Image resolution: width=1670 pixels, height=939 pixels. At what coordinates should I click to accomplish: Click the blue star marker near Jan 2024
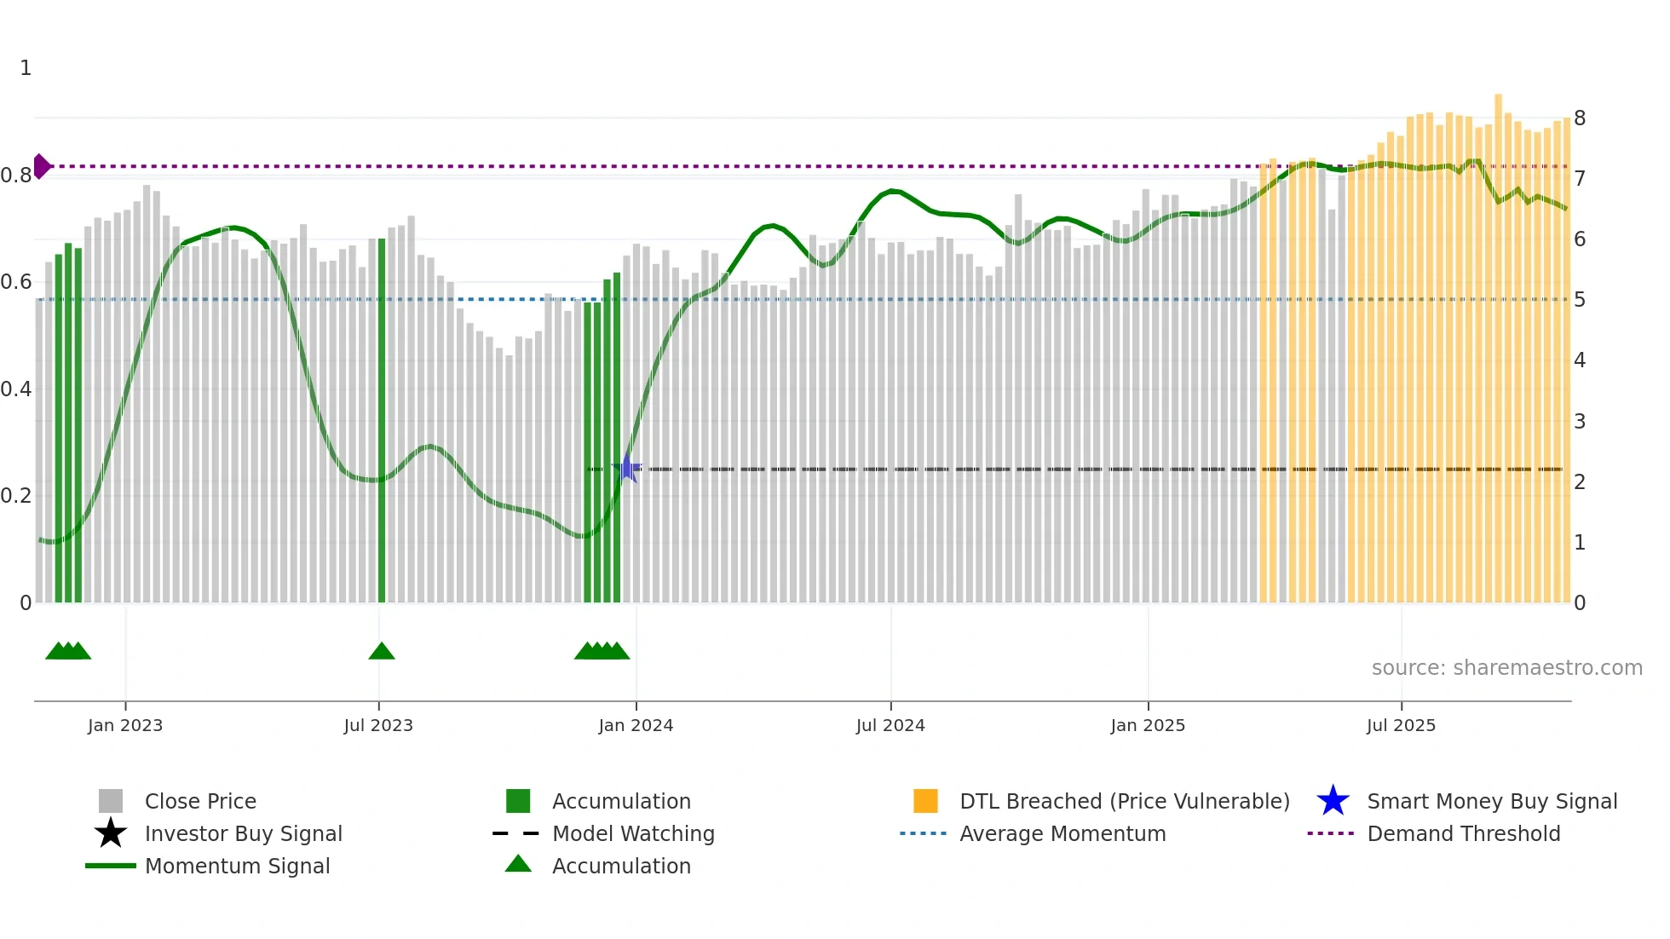tap(627, 469)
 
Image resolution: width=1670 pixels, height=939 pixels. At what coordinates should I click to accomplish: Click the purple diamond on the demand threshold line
tap(41, 166)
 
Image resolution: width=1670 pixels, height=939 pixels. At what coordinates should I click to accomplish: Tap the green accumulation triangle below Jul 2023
tap(382, 651)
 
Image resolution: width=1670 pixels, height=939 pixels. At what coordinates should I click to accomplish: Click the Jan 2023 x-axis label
tap(125, 725)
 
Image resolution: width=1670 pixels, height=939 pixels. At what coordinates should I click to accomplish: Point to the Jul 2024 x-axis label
tap(890, 725)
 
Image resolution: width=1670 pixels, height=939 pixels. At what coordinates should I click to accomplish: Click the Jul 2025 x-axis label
tap(1401, 725)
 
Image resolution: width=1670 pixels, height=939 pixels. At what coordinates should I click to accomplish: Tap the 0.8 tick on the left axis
tap(16, 176)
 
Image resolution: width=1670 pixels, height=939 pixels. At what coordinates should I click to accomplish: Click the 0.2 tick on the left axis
tap(16, 496)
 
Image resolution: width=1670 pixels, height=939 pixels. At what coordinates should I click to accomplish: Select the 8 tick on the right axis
tap(1580, 118)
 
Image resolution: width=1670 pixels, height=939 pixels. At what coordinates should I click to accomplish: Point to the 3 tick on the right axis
tap(1580, 421)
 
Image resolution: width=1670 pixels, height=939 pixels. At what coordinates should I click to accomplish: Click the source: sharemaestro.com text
tap(1506, 668)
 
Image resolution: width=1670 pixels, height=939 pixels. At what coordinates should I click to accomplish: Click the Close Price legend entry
tap(200, 801)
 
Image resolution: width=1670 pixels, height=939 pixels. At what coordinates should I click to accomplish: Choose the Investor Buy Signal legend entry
tap(243, 833)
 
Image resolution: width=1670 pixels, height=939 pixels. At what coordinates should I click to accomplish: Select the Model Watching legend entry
tap(633, 833)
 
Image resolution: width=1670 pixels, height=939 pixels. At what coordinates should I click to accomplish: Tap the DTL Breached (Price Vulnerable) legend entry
tap(1124, 801)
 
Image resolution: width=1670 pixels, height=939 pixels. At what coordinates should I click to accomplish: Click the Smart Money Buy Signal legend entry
tap(1492, 801)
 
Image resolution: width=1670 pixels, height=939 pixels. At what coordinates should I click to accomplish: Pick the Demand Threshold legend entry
tap(1463, 833)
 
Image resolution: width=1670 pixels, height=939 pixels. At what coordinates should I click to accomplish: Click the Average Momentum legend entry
tap(1062, 833)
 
